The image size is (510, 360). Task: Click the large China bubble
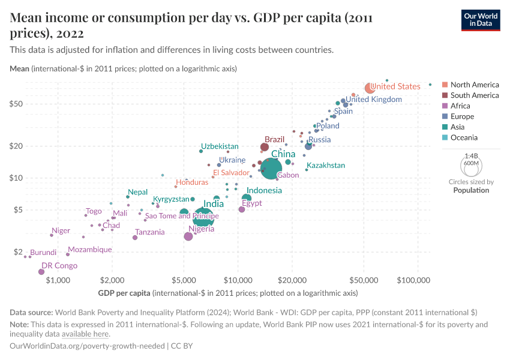[271, 169]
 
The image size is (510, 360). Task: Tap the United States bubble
[370, 88]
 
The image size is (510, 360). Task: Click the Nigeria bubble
[188, 236]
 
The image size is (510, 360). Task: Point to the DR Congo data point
[41, 272]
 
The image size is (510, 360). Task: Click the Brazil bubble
[265, 147]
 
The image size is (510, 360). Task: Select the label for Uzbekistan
[220, 146]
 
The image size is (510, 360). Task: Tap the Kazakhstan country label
[326, 165]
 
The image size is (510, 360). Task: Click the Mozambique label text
[89, 250]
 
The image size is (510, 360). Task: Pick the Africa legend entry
[461, 106]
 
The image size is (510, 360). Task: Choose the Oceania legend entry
[464, 137]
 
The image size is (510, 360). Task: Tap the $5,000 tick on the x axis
[184, 280]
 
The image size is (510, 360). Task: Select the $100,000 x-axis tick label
[415, 280]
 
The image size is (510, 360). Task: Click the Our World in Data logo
[481, 19]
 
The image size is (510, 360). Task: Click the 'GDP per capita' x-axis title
[124, 293]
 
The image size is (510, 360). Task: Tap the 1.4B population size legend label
[471, 154]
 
